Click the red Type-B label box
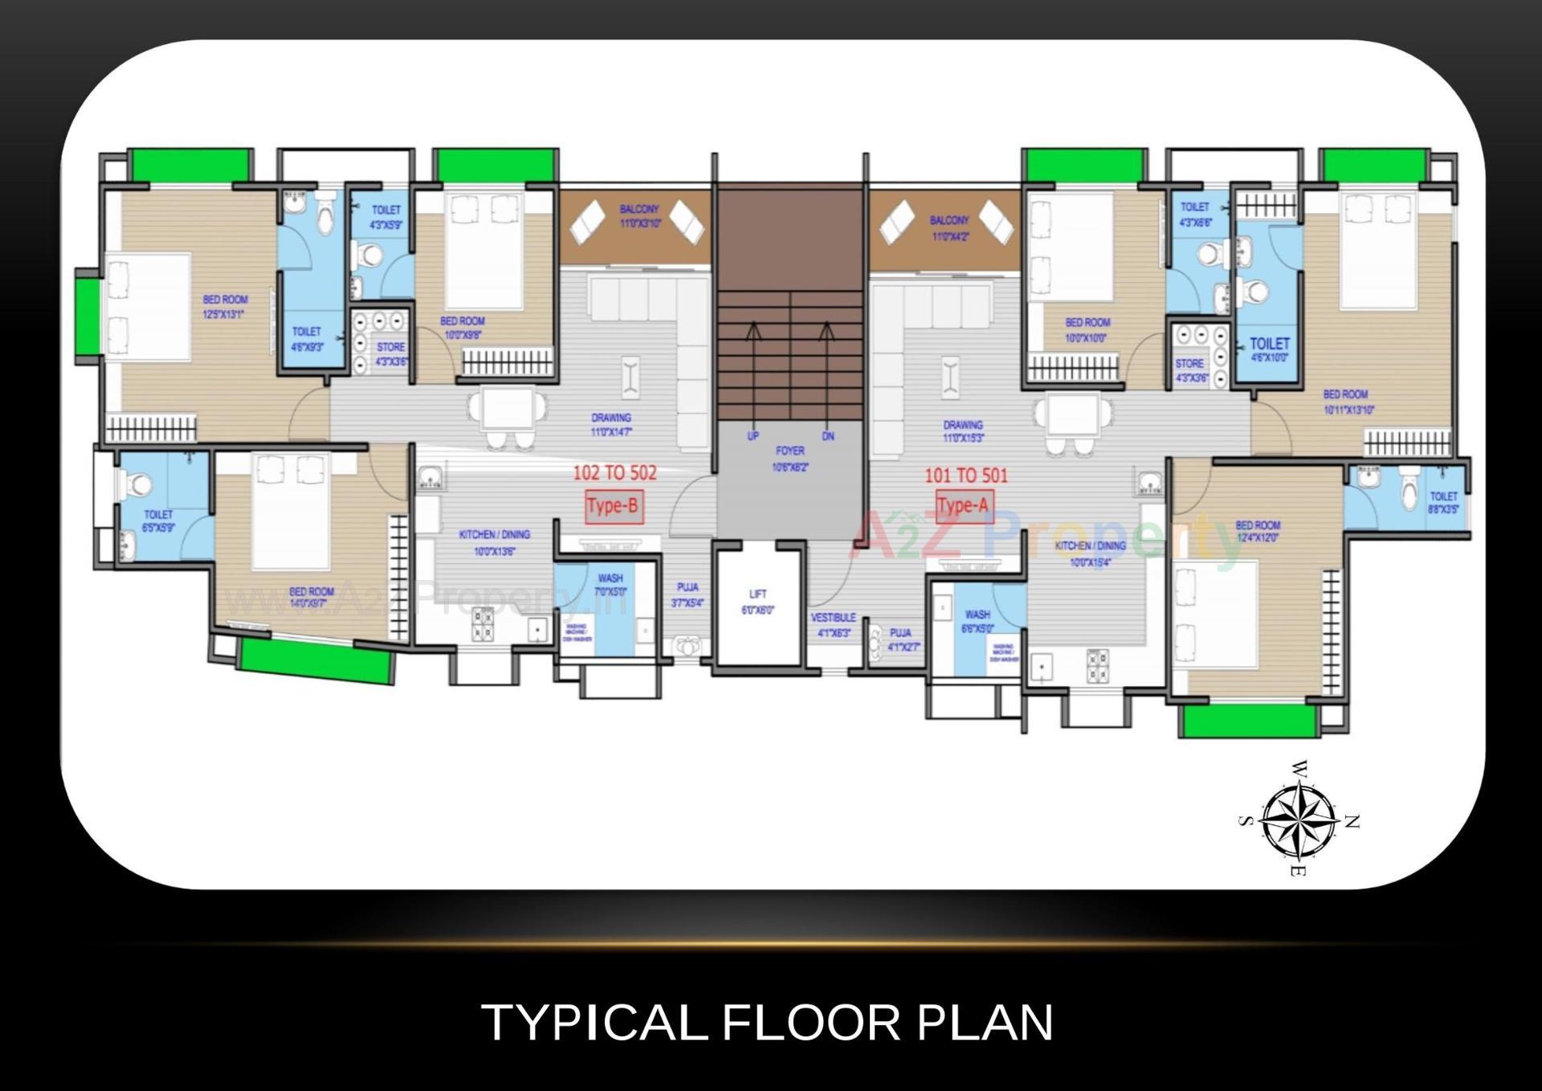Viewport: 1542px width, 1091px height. tap(614, 506)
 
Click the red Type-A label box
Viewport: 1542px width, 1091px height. tap(962, 506)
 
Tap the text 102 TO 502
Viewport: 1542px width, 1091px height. tap(614, 473)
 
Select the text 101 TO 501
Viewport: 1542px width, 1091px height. tap(965, 476)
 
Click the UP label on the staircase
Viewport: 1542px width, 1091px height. tap(753, 436)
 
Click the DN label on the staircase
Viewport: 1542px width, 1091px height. tap(828, 436)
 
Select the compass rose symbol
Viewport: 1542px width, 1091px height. tap(1298, 820)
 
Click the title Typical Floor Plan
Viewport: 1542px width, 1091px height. tap(767, 1023)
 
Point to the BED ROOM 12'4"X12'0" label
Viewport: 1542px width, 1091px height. tap(1258, 531)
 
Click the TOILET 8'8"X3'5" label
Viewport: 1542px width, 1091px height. tap(1443, 503)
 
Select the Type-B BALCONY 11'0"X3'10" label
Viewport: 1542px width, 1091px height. tap(639, 216)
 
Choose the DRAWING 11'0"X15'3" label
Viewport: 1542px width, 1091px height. tap(963, 431)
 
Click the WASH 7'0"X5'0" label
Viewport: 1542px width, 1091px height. tap(610, 584)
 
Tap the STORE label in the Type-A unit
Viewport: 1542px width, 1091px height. tap(1189, 370)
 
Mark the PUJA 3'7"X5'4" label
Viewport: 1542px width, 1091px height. tap(687, 595)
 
